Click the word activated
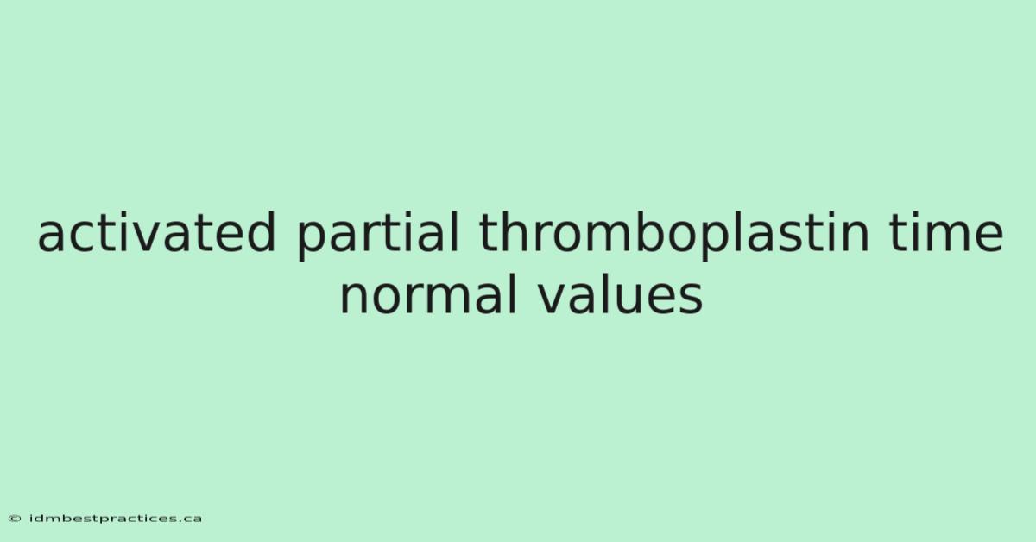tap(157, 232)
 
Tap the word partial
tap(377, 236)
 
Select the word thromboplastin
tap(674, 236)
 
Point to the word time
tap(946, 232)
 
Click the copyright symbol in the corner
tap(15, 519)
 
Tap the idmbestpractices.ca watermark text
tap(116, 519)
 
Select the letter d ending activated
tap(261, 232)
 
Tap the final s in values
tap(691, 299)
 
